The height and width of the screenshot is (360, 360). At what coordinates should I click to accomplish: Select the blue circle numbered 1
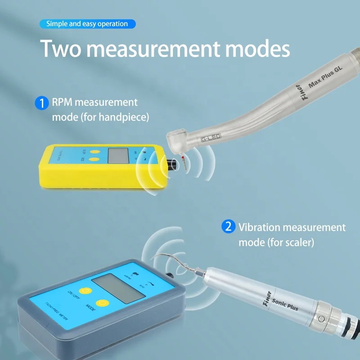41,103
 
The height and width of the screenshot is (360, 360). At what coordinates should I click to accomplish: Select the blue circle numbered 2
228,226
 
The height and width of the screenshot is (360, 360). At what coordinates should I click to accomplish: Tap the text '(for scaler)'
289,242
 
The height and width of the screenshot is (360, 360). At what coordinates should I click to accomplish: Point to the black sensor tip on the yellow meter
171,164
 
